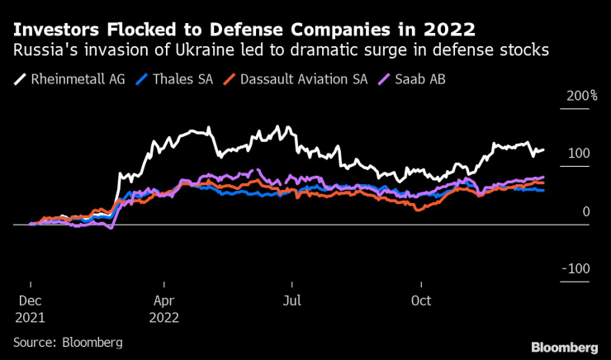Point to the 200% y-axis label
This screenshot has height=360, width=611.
click(581, 97)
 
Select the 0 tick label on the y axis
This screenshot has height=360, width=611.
click(585, 212)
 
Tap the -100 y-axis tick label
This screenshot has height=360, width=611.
click(575, 269)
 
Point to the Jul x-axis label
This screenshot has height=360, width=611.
click(291, 301)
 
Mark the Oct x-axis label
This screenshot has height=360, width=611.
click(421, 301)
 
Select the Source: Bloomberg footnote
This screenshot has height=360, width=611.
click(68, 341)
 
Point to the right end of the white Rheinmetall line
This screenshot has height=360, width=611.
click(543, 150)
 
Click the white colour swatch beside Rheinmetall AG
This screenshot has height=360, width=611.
click(21, 80)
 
